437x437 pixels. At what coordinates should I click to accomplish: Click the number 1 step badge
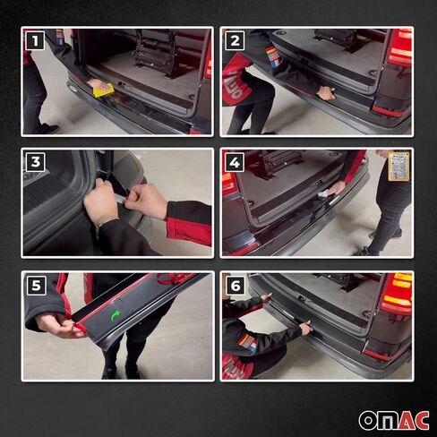tap(35, 40)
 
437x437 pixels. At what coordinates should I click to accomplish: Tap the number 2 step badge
tap(235, 40)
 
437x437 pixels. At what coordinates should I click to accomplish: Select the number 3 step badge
tap(35, 162)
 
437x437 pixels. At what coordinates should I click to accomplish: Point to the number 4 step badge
tap(235, 162)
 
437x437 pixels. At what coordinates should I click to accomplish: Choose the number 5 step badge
tap(35, 286)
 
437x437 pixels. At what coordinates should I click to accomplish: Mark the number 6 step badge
tap(235, 286)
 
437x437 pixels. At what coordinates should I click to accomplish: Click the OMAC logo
tap(394, 420)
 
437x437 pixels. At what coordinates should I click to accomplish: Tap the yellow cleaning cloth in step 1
tap(104, 90)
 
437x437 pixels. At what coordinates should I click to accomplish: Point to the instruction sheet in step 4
tap(398, 166)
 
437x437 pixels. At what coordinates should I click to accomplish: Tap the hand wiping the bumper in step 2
tap(327, 92)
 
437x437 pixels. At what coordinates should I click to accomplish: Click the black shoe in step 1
tap(45, 129)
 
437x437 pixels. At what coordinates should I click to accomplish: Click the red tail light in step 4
tap(230, 184)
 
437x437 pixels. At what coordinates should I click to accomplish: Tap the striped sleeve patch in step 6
tap(247, 342)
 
